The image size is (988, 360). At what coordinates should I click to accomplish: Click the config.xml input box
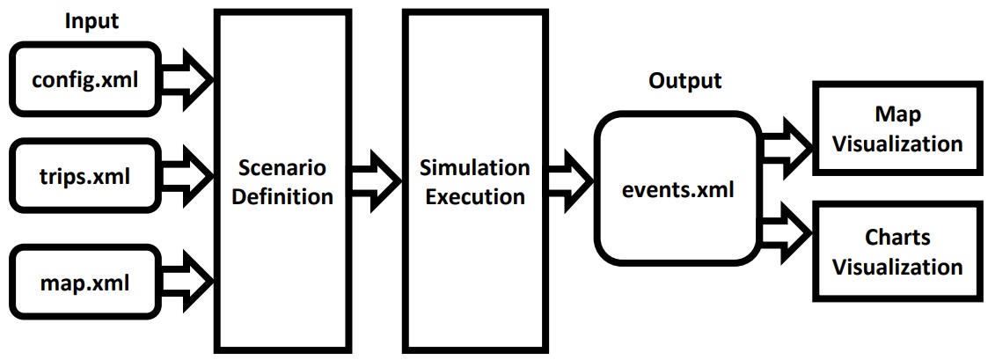click(x=85, y=80)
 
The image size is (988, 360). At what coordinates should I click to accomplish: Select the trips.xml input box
click(x=85, y=177)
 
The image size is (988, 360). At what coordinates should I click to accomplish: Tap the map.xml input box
click(x=85, y=283)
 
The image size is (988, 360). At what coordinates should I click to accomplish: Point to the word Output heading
click(x=684, y=81)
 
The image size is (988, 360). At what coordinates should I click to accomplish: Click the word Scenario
click(x=281, y=167)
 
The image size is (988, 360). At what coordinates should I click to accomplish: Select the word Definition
click(x=281, y=195)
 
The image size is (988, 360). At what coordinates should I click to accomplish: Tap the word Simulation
click(x=475, y=167)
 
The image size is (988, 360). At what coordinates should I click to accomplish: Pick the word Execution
click(x=475, y=195)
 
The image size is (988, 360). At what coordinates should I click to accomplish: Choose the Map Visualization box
click(x=897, y=129)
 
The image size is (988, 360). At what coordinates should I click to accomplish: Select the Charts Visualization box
click(x=897, y=251)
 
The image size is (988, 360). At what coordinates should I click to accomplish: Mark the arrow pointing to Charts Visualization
click(x=787, y=233)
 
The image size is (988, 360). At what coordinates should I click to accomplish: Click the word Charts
click(x=897, y=238)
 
